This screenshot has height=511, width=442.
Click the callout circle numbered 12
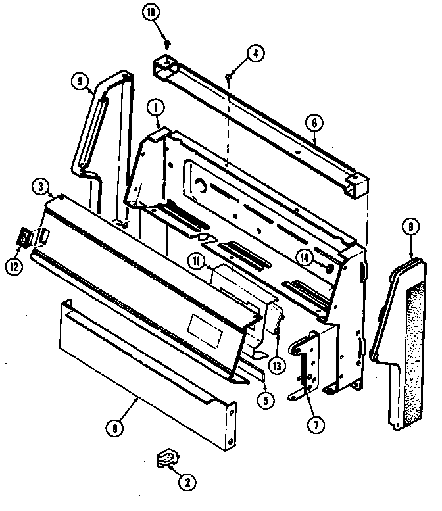pyautogui.click(x=14, y=266)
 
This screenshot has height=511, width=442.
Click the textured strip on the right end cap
pyautogui.click(x=418, y=349)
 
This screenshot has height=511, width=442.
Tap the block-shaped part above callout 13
pyautogui.click(x=273, y=319)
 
